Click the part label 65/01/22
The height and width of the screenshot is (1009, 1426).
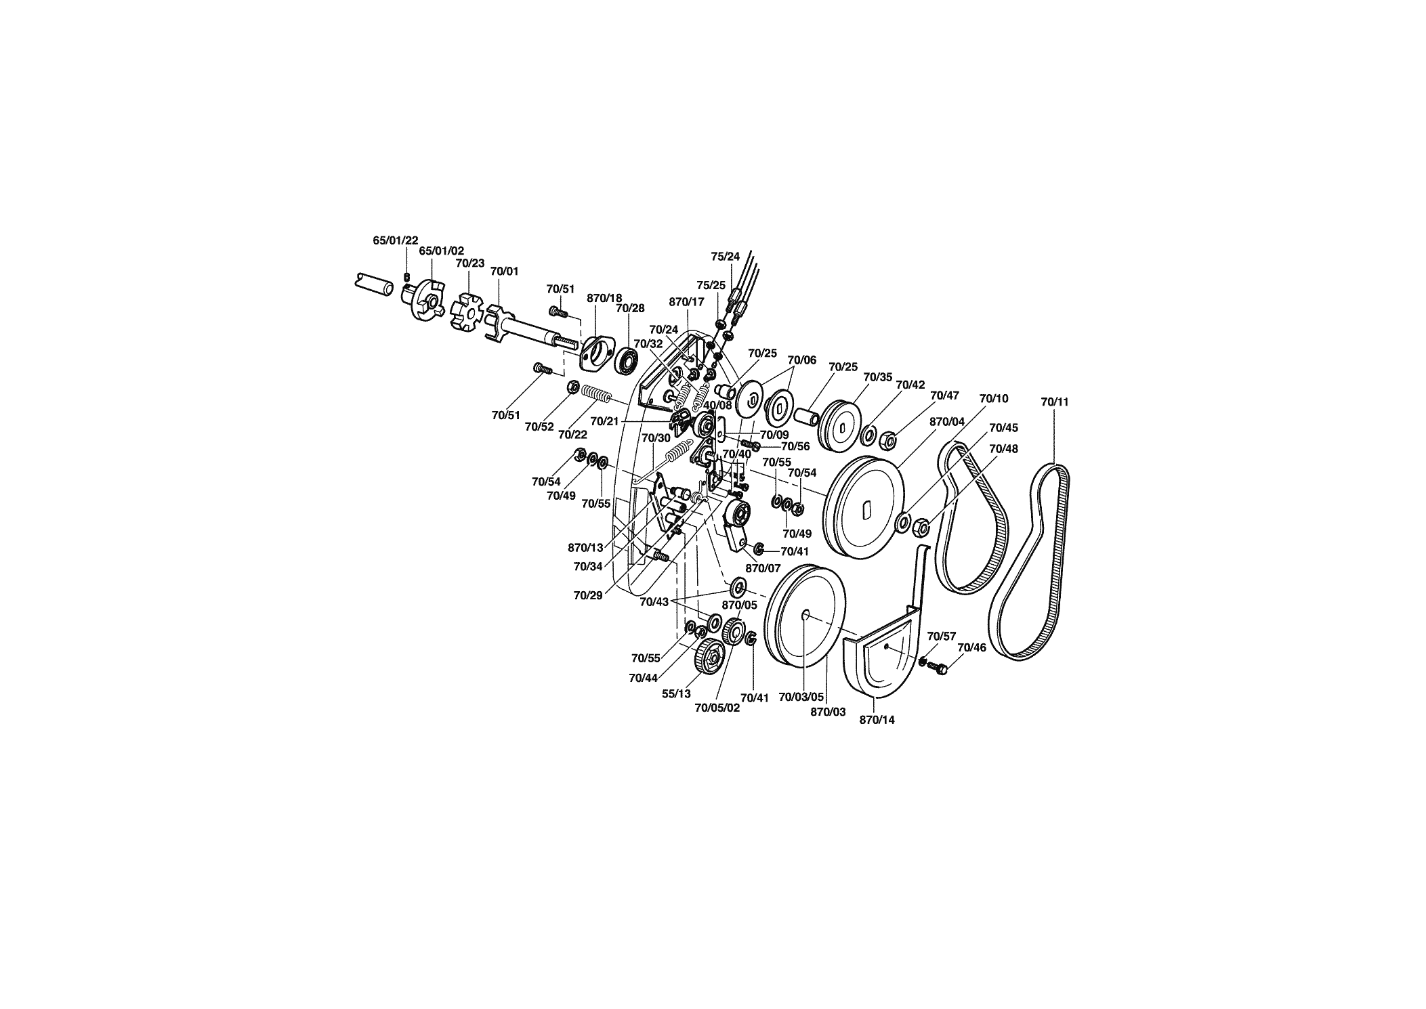[396, 240]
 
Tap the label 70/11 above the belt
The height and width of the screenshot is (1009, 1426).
[1055, 402]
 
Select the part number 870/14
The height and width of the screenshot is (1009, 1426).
[877, 720]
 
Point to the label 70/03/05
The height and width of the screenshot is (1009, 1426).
[801, 696]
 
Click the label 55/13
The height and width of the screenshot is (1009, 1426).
[677, 693]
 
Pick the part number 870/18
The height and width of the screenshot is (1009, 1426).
[604, 298]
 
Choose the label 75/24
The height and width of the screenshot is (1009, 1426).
[726, 257]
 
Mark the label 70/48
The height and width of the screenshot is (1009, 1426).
[1003, 448]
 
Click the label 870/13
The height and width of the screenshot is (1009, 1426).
[585, 547]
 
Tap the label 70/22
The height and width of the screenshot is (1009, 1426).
[572, 434]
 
